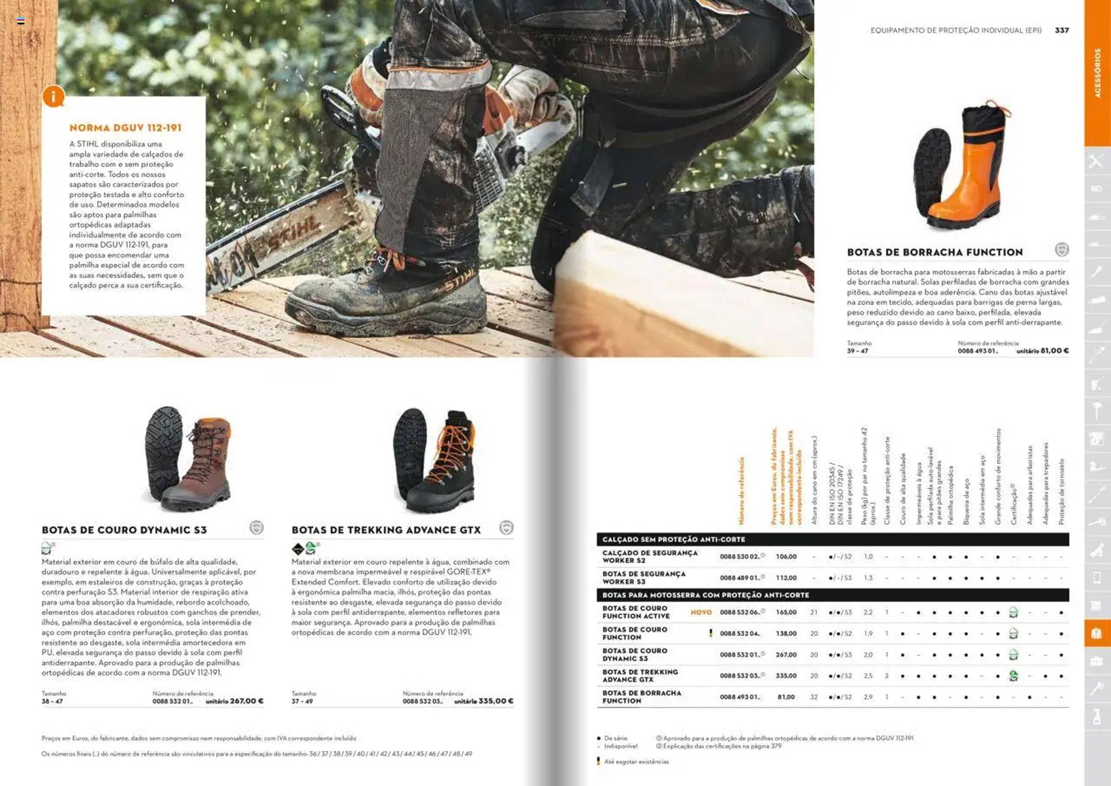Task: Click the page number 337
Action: (1062, 30)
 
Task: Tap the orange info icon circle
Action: (53, 96)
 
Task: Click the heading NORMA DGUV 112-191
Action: (125, 128)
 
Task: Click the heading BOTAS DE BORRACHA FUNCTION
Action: (934, 252)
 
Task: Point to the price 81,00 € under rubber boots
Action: (1054, 351)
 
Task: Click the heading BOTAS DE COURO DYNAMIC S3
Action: (124, 530)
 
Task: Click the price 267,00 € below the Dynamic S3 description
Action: (246, 701)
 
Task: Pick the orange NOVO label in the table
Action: (701, 612)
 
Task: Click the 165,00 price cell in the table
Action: (786, 612)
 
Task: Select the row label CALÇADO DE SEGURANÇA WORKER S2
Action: (650, 556)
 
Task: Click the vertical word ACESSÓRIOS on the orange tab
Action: (1097, 73)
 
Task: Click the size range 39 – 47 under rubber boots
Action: (857, 351)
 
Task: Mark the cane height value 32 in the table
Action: (814, 697)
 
